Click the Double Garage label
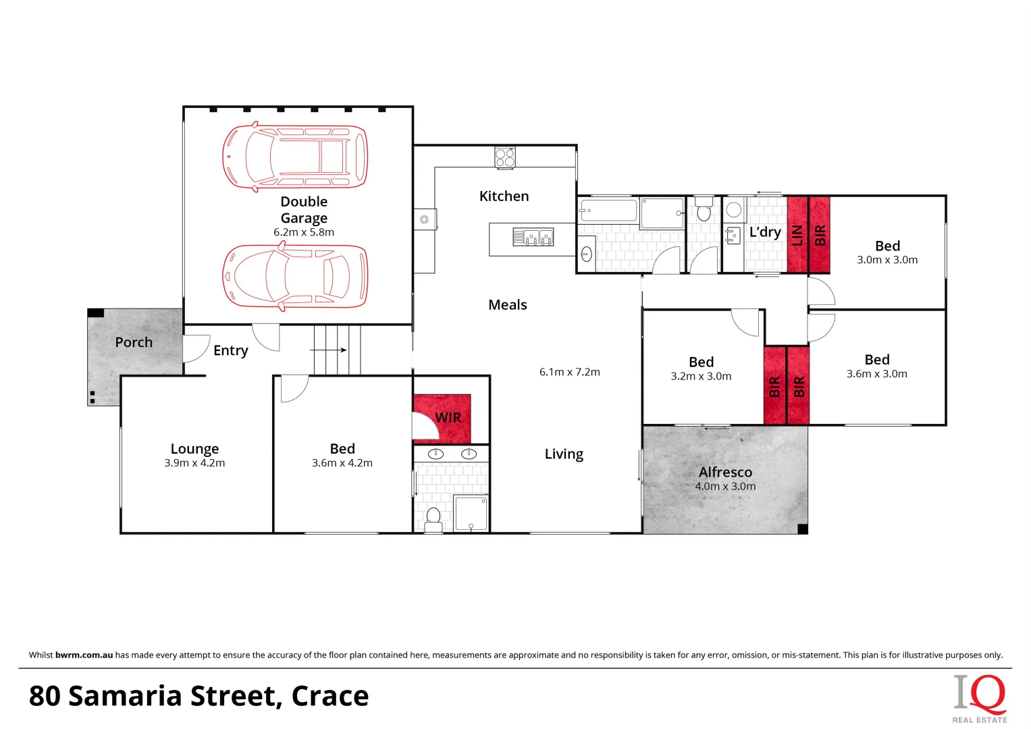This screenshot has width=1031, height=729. pos(304,209)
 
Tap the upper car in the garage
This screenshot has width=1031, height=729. pos(296,157)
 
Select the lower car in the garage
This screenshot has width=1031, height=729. pos(296,277)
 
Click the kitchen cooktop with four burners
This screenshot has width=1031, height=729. pos(504,157)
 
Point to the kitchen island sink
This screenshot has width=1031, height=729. pos(533,237)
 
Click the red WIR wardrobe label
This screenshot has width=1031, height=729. pos(448,418)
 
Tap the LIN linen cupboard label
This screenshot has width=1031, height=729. pos(797,235)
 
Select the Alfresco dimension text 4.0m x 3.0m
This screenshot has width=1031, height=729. pos(725,486)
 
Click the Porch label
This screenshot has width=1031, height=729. pos(134,342)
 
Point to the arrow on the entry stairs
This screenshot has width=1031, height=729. pos(329,350)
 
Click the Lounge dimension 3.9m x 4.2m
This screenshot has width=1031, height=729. pos(194,463)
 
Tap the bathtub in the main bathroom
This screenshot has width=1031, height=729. pos(608,211)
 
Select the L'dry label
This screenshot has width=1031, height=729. pos(765,232)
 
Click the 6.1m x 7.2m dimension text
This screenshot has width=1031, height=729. pos(569,372)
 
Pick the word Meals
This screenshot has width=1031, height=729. pos(507,305)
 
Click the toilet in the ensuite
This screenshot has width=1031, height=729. pos(433,518)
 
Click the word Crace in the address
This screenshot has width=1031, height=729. pos(330,696)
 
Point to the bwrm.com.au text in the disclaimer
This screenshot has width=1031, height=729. pos(84,655)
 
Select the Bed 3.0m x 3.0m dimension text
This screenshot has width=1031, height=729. pos(887,260)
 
